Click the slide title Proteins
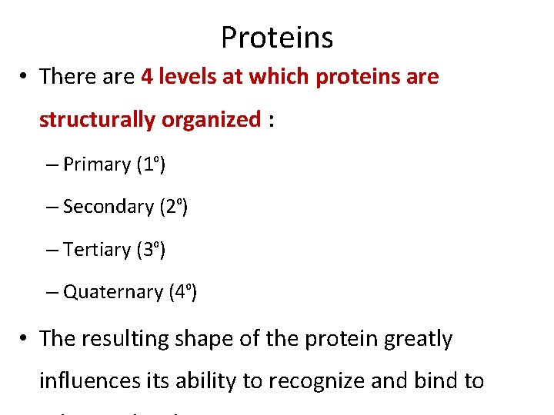(276, 37)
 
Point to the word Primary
(97, 164)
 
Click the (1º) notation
(151, 164)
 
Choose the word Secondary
(108, 207)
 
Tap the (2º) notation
(174, 207)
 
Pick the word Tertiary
(97, 250)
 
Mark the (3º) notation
(152, 250)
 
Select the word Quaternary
(113, 292)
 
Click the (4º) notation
(183, 292)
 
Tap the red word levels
(189, 77)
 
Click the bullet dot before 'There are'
(25, 77)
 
